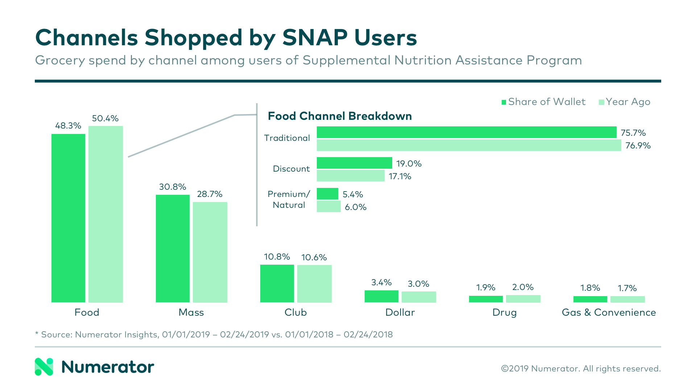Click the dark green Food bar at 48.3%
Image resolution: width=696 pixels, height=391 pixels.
click(x=68, y=218)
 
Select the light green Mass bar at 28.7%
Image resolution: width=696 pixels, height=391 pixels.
click(x=210, y=252)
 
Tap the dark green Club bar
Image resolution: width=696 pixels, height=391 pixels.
click(x=277, y=283)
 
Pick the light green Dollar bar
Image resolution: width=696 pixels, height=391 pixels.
click(x=419, y=297)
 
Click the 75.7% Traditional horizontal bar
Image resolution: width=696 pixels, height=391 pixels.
click(x=466, y=132)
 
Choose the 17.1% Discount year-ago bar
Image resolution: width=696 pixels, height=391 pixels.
click(x=350, y=176)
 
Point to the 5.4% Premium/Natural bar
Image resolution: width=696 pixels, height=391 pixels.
click(x=327, y=194)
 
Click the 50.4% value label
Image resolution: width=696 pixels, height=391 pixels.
click(x=105, y=118)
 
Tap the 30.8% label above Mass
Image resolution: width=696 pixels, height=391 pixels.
click(x=173, y=187)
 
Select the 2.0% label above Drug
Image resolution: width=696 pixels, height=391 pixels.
click(x=523, y=287)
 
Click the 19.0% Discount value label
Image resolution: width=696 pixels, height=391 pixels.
click(x=409, y=164)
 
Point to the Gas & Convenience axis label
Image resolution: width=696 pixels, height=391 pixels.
click(x=609, y=312)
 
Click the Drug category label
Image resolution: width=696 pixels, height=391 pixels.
click(x=504, y=312)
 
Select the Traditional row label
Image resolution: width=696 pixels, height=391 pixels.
click(x=287, y=138)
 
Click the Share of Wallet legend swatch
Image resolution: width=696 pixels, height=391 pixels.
click(x=504, y=102)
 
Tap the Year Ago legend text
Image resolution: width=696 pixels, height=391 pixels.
click(x=628, y=102)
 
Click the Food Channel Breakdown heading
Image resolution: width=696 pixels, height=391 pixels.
click(x=340, y=116)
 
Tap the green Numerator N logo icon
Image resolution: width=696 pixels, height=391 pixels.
click(x=44, y=367)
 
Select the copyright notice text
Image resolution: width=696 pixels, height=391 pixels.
click(x=581, y=369)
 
